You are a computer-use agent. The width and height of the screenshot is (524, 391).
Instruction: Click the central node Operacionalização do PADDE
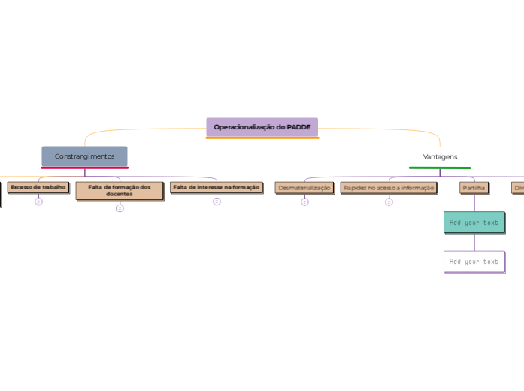(262, 127)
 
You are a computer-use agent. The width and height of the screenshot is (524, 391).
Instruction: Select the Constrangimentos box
(84, 156)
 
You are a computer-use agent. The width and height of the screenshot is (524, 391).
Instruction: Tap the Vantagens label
(440, 156)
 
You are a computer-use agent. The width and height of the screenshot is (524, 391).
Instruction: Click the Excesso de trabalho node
(38, 187)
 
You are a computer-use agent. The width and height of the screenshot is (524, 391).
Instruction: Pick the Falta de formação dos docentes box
(119, 190)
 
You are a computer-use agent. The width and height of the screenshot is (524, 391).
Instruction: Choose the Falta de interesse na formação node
(216, 187)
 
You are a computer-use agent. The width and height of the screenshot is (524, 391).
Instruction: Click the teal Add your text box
(474, 223)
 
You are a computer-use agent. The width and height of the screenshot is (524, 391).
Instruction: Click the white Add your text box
(474, 262)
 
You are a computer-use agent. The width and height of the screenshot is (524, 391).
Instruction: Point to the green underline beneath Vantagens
(440, 168)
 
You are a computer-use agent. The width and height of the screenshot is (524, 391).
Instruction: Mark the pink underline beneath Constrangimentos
(84, 168)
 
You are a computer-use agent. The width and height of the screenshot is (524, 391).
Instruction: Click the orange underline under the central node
(262, 138)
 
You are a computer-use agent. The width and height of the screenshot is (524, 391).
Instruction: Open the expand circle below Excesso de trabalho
(38, 202)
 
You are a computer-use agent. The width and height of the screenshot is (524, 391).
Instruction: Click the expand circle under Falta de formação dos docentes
(120, 208)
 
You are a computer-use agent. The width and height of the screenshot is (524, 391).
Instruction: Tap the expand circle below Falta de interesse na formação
(217, 202)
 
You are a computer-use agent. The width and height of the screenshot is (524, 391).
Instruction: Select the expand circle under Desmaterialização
(304, 202)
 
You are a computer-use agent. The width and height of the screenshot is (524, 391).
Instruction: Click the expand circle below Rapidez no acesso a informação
(389, 202)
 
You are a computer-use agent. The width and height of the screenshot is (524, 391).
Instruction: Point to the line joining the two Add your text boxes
(474, 242)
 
